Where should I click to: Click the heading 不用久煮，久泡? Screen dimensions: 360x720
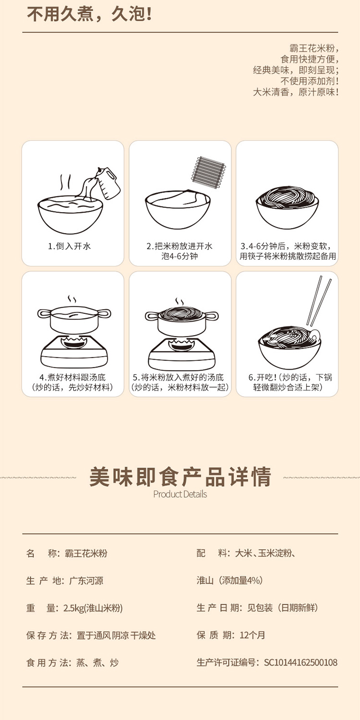pos(89,14)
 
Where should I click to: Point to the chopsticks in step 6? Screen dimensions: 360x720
pos(319,301)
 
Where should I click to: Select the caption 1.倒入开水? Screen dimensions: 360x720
pos(70,246)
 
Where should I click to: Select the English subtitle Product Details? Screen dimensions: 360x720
pos(180,494)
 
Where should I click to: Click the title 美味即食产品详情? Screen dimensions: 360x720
pos(180,477)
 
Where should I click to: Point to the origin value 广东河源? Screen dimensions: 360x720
pos(86,580)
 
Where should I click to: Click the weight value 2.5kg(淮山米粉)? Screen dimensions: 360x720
pos(93,608)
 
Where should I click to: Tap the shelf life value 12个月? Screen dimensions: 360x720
pos(252,635)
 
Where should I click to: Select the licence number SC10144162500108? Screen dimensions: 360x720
pos(300,662)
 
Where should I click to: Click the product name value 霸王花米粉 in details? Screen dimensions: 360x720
pos(86,553)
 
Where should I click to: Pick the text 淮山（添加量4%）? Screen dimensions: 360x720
pos(230,580)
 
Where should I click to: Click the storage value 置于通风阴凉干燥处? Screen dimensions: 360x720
pos(116,635)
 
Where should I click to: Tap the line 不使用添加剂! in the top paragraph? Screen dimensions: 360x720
pos(310,81)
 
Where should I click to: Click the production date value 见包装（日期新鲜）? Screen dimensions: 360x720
pos(283,608)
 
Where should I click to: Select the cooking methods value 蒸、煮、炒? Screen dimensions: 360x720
pos(97,662)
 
